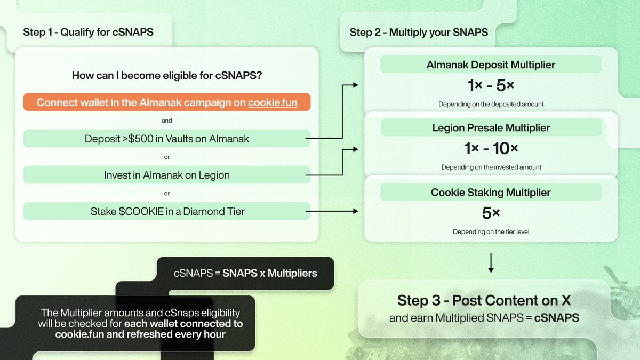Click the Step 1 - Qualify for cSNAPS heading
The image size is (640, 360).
point(88,32)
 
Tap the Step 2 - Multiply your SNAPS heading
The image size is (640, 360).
point(419,32)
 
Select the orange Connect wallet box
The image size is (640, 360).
point(167,102)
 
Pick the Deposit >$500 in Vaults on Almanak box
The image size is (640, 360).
point(167,139)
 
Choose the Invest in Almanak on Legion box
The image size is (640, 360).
point(167,175)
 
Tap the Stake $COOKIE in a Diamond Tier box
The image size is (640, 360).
point(167,211)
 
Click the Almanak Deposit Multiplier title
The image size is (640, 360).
point(491,65)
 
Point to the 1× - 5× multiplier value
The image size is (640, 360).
point(491,85)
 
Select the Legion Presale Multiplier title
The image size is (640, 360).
point(491,128)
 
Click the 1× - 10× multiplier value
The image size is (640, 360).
point(491,148)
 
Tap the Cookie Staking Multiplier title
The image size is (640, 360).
point(491,192)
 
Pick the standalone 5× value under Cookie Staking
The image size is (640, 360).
point(491,213)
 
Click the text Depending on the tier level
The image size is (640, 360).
point(491,232)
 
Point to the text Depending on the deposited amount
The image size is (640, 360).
point(491,104)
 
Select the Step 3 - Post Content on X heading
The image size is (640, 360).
point(484,300)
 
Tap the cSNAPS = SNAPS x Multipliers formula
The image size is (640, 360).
point(245,274)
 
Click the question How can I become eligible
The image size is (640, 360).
point(167,76)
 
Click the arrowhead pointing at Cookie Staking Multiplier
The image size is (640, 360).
point(356,211)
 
